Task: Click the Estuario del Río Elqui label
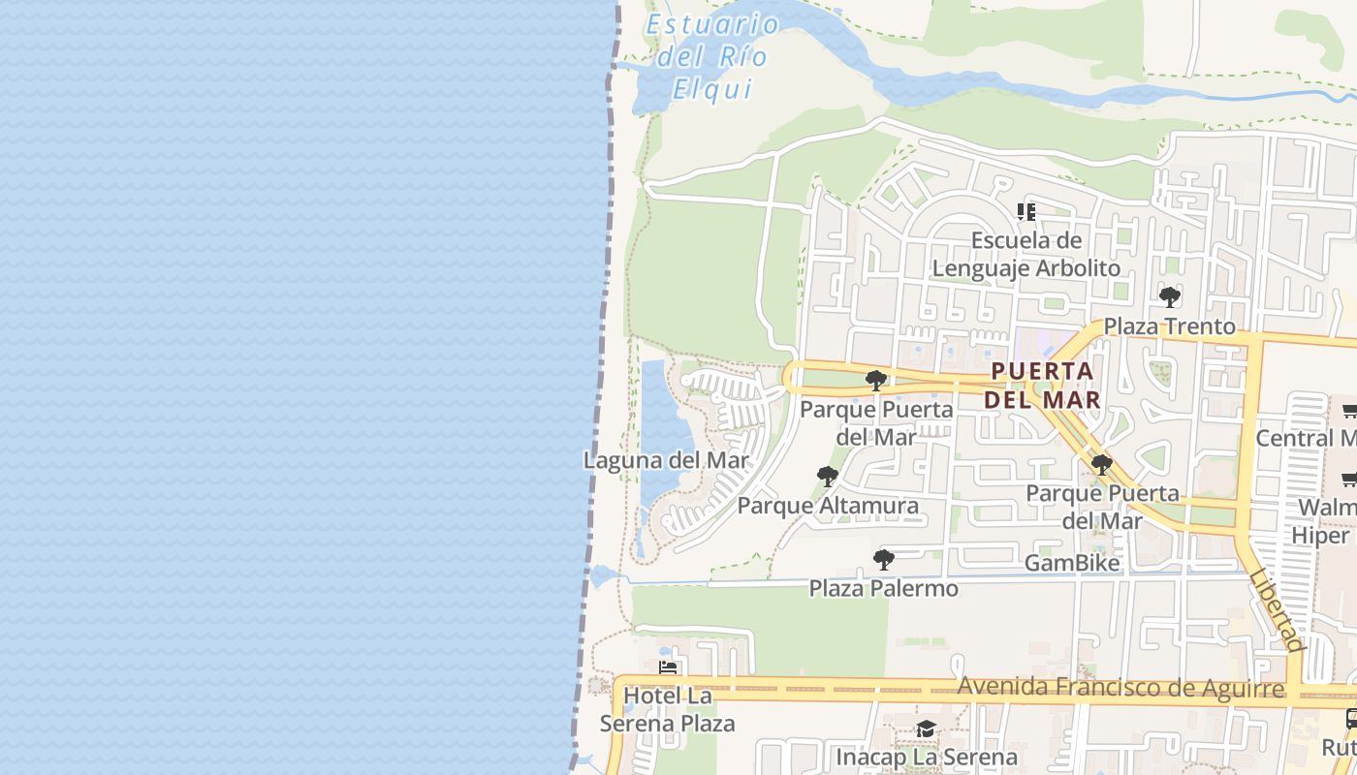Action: click(712, 56)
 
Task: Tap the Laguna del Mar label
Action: click(666, 460)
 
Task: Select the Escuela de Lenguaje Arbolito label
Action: click(1026, 254)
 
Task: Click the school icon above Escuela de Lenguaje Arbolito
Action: click(1026, 211)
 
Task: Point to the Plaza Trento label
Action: click(1170, 326)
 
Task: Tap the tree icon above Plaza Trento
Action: click(1170, 297)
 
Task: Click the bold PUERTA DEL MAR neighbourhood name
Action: click(1042, 385)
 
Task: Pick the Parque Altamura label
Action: click(828, 506)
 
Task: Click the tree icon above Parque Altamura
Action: click(827, 476)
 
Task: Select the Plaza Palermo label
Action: click(883, 588)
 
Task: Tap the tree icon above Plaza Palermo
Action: click(883, 559)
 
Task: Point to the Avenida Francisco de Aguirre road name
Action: click(1120, 688)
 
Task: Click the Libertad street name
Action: click(1277, 608)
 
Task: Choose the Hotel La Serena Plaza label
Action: click(667, 709)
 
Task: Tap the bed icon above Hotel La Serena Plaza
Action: click(667, 666)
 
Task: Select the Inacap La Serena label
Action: click(926, 757)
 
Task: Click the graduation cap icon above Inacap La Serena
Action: click(926, 728)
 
